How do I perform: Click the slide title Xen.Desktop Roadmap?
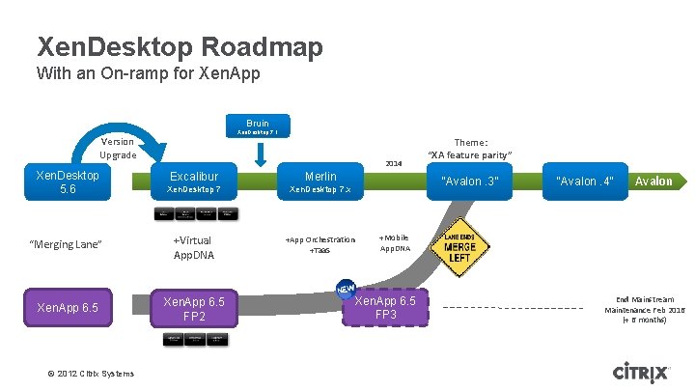pyautogui.click(x=179, y=45)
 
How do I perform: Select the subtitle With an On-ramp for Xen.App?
pyautogui.click(x=148, y=73)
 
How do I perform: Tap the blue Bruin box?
pyautogui.click(x=258, y=126)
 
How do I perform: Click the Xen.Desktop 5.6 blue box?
pyautogui.click(x=68, y=182)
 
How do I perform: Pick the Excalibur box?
pyautogui.click(x=194, y=182)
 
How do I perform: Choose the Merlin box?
pyautogui.click(x=320, y=182)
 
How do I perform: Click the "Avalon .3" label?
pyautogui.click(x=470, y=182)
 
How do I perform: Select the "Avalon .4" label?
pyautogui.click(x=585, y=182)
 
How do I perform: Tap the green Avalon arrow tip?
pyautogui.click(x=656, y=181)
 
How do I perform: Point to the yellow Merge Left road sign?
pyautogui.click(x=459, y=247)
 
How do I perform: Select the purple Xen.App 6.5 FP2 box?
pyautogui.click(x=194, y=309)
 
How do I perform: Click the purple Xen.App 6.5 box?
pyautogui.click(x=68, y=307)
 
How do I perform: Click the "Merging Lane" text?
pyautogui.click(x=67, y=245)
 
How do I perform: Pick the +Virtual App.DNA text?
pyautogui.click(x=193, y=247)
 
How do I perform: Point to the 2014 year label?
pyautogui.click(x=393, y=163)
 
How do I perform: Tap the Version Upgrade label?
pyautogui.click(x=118, y=148)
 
